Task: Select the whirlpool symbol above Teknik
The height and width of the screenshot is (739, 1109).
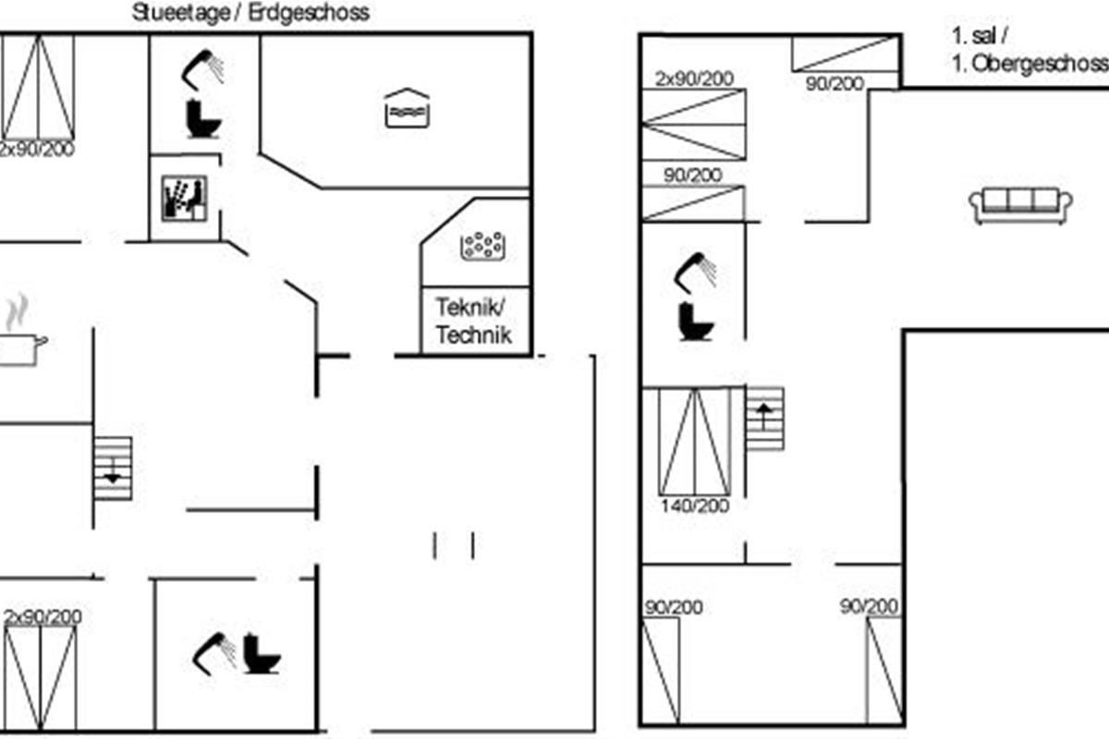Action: pyautogui.click(x=481, y=245)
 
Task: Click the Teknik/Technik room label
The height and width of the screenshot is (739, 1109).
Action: pyautogui.click(x=472, y=321)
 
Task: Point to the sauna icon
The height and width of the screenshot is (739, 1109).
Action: pyautogui.click(x=184, y=198)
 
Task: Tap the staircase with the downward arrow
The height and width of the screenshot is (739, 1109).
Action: pyautogui.click(x=113, y=468)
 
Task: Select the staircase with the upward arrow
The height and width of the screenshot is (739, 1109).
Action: pyautogui.click(x=764, y=418)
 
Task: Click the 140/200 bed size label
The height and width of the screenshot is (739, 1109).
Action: pyautogui.click(x=695, y=506)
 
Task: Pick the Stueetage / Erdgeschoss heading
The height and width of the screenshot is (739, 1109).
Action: pyautogui.click(x=250, y=13)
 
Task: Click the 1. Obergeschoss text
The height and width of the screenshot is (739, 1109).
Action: pyautogui.click(x=1029, y=64)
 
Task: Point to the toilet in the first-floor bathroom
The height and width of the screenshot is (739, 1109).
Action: pyautogui.click(x=695, y=320)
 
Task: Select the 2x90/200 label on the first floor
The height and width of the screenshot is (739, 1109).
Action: pyautogui.click(x=693, y=79)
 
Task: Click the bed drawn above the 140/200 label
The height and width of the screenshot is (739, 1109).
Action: pyautogui.click(x=695, y=441)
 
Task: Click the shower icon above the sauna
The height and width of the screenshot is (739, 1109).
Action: pyautogui.click(x=206, y=66)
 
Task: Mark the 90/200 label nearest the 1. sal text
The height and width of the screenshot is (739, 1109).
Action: pyautogui.click(x=835, y=83)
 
